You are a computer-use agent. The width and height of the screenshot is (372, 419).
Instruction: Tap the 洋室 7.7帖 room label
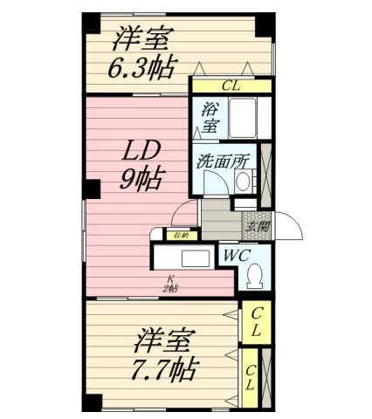point(163,354)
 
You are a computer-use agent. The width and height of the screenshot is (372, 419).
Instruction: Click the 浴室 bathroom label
point(210,117)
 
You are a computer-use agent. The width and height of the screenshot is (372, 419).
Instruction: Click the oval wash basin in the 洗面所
point(244,181)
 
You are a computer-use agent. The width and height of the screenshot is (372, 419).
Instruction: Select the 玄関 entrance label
point(257,226)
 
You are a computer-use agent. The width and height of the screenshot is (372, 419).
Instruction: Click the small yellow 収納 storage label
point(180,234)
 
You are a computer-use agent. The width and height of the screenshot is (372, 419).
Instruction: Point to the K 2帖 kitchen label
point(170,285)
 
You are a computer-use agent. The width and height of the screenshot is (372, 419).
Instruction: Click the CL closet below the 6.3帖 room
point(231,86)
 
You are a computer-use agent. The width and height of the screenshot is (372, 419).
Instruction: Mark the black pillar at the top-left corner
point(92,23)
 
